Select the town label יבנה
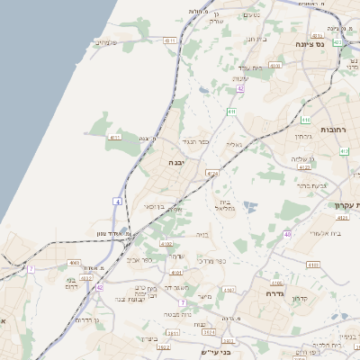175,163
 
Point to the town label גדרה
274,293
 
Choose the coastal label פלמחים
107,42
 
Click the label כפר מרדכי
212,262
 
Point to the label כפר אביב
140,259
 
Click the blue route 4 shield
117,201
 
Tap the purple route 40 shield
287,234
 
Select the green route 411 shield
231,112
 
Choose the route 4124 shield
212,173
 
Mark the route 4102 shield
229,290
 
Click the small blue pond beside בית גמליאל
250,206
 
